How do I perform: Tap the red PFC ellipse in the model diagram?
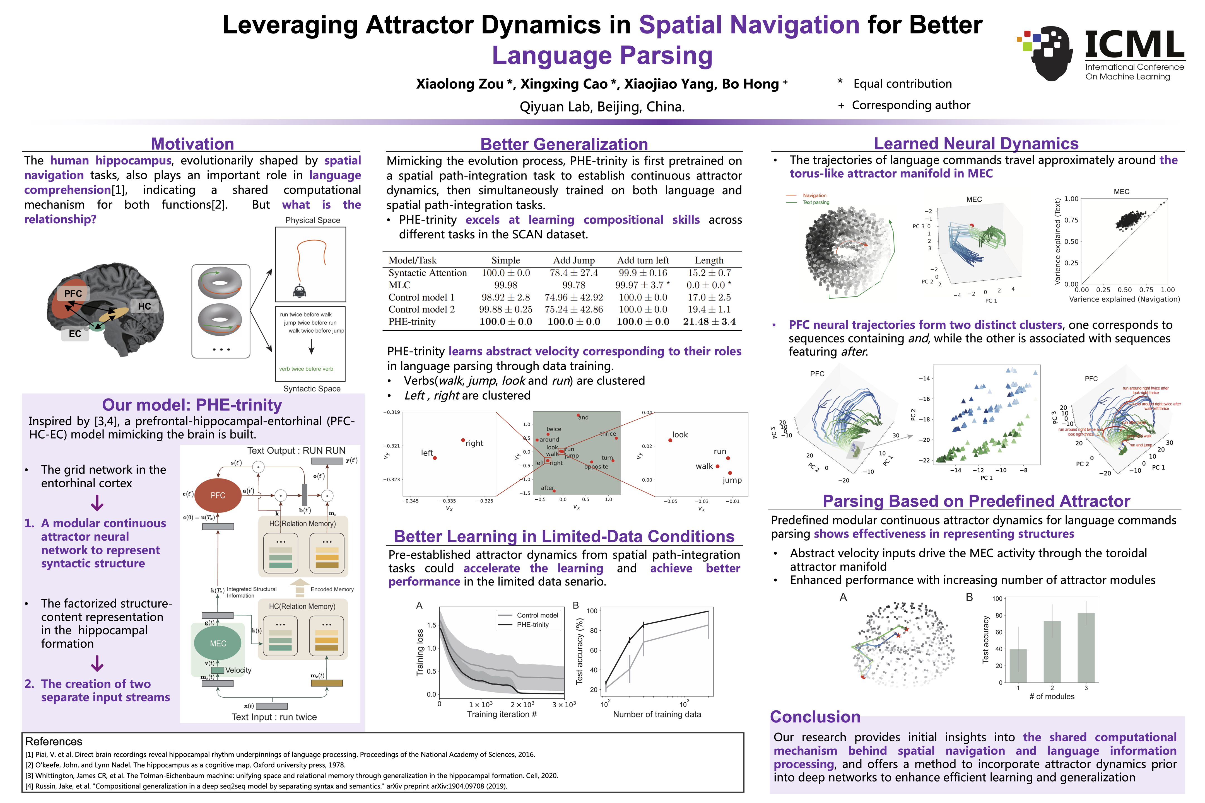[218, 495]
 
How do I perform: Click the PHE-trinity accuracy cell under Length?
[709, 321]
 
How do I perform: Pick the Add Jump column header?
[574, 260]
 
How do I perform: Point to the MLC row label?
[400, 285]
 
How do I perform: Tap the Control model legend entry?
[537, 615]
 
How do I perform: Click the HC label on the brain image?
[144, 306]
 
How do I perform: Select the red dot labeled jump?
[730, 473]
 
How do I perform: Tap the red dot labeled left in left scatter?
[435, 458]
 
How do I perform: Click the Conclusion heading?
[815, 717]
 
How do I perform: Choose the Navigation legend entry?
[814, 195]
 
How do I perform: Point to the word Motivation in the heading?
[193, 144]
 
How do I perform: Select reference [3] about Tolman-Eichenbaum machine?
[291, 775]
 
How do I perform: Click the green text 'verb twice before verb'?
[306, 369]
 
